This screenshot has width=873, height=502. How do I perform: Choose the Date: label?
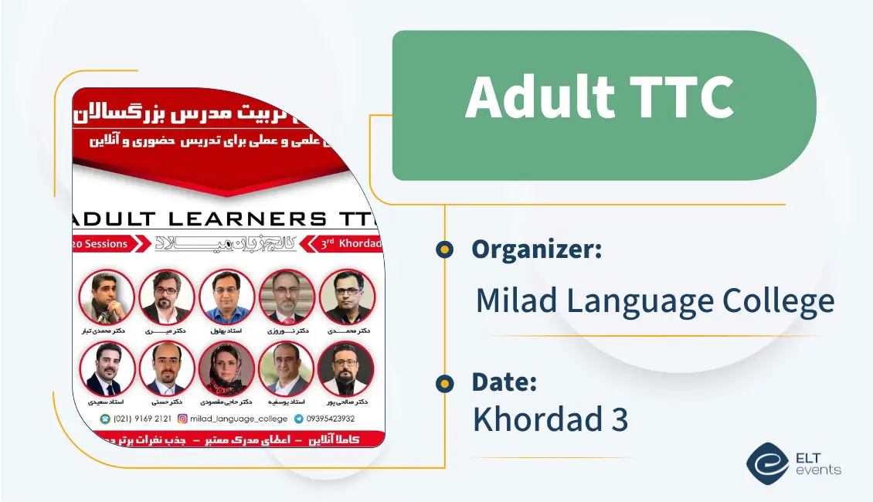[x=504, y=382]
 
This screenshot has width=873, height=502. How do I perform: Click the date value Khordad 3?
[x=550, y=419]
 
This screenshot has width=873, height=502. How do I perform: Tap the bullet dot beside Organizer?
[x=444, y=249]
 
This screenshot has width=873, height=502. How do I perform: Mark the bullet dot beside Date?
[x=444, y=382]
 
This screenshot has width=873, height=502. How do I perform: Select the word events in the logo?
[x=821, y=470]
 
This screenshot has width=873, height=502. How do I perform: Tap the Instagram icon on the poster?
[x=183, y=419]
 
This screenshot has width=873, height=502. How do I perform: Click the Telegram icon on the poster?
[x=298, y=419]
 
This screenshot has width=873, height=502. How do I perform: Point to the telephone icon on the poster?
[x=106, y=419]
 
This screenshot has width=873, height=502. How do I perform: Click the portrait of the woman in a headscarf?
[x=226, y=368]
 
